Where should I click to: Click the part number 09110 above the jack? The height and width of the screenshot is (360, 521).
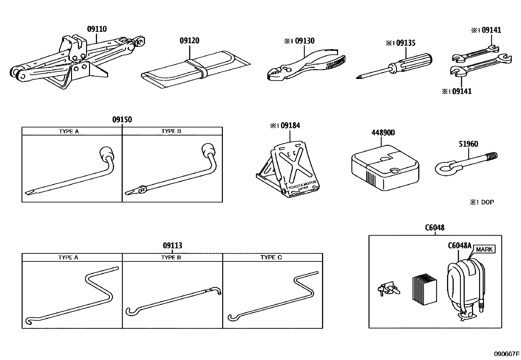97,29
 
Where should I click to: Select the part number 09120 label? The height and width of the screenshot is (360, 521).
189,41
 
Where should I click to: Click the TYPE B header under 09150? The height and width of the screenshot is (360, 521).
171,131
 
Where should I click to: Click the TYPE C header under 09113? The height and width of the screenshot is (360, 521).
271,257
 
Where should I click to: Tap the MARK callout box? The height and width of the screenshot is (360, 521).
484,249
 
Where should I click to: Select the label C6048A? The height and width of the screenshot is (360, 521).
459,246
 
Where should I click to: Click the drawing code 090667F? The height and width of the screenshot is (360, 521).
506,354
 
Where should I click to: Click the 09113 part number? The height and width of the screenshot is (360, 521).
173,245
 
